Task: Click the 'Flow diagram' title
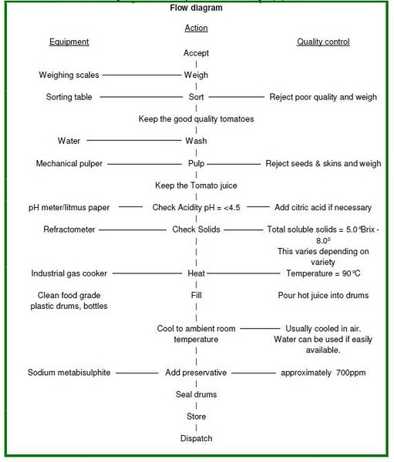(x=196, y=8)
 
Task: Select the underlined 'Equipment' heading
(x=69, y=42)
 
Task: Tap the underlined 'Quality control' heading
(x=323, y=42)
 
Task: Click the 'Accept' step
(x=196, y=53)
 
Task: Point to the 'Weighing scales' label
(x=69, y=75)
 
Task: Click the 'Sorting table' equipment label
(x=69, y=97)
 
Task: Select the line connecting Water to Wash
(x=134, y=141)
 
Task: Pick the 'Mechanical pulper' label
(x=69, y=163)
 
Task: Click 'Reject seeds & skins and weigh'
(x=323, y=163)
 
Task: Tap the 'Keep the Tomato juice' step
(x=196, y=186)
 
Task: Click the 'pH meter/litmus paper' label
(x=69, y=207)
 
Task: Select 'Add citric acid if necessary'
(x=323, y=207)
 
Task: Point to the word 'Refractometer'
(x=69, y=229)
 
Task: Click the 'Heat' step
(x=196, y=273)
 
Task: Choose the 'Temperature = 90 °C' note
(x=323, y=273)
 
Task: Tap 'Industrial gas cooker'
(x=69, y=273)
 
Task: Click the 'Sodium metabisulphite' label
(x=69, y=373)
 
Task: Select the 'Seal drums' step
(x=196, y=394)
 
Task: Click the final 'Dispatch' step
(x=196, y=438)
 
